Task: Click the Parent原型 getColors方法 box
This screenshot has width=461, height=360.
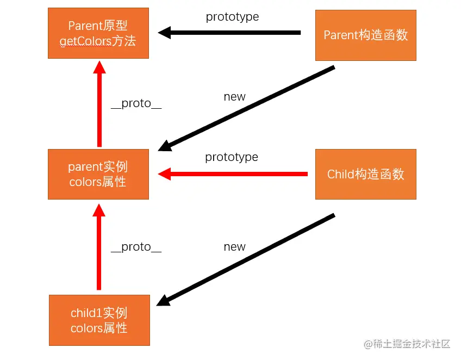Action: pyautogui.click(x=98, y=33)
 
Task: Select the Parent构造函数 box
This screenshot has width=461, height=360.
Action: pyautogui.click(x=366, y=35)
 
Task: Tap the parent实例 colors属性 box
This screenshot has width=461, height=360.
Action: pyautogui.click(x=98, y=174)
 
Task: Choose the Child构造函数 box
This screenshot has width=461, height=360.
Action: pyautogui.click(x=366, y=174)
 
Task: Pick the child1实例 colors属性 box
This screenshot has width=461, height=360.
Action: pyautogui.click(x=99, y=320)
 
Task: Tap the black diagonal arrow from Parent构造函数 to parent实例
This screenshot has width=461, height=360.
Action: pyautogui.click(x=247, y=108)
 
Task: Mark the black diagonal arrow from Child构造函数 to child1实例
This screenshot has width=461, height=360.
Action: pyautogui.click(x=247, y=259)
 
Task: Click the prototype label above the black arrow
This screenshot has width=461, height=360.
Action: pyautogui.click(x=232, y=17)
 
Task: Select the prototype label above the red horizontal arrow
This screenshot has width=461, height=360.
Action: pyautogui.click(x=232, y=157)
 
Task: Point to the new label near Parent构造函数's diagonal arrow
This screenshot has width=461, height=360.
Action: pyautogui.click(x=235, y=97)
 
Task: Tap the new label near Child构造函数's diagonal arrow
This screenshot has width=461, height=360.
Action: pyautogui.click(x=235, y=247)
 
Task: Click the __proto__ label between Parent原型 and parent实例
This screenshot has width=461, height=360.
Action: pyautogui.click(x=136, y=103)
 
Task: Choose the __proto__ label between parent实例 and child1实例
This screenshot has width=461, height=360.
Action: pyautogui.click(x=136, y=247)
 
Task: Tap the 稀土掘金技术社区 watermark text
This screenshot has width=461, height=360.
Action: pyautogui.click(x=413, y=344)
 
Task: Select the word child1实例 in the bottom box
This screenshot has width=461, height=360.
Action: pyautogui.click(x=99, y=313)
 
